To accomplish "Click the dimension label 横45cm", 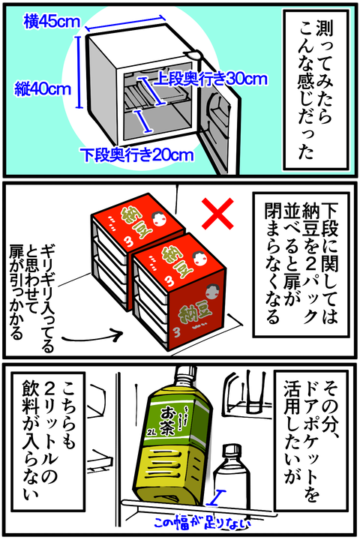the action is (x=52, y=22).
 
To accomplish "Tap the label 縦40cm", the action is (x=43, y=89).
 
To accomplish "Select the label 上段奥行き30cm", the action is (x=210, y=79).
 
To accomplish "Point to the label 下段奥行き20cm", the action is (x=136, y=155).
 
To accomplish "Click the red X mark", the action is (x=217, y=214).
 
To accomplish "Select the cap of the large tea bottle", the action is (x=186, y=373).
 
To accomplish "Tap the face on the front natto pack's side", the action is (x=210, y=293).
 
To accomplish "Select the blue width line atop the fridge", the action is (x=124, y=22).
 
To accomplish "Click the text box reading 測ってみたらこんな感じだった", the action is (x=315, y=89).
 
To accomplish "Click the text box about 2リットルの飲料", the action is (x=48, y=440).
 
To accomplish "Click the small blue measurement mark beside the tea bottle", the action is (x=214, y=496).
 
